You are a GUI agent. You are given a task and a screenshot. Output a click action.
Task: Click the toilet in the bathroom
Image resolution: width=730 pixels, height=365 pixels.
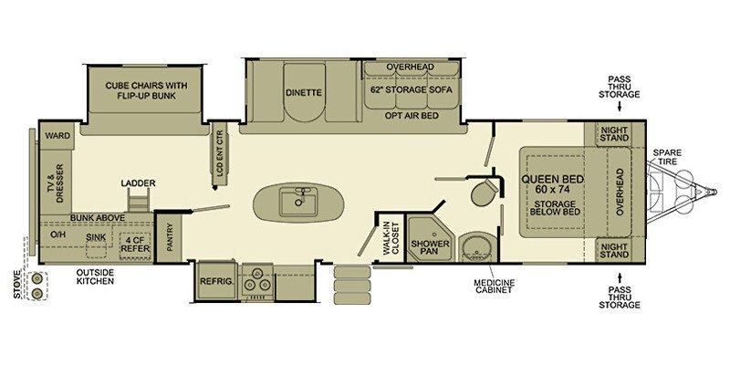tap(485, 193)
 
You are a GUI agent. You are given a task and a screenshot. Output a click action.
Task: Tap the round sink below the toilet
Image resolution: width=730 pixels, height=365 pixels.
tap(475, 245)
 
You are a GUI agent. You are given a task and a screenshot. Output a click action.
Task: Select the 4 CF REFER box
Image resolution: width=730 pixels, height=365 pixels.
tap(135, 242)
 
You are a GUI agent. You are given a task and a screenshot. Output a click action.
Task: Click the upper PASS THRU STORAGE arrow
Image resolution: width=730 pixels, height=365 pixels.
tap(620, 107)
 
